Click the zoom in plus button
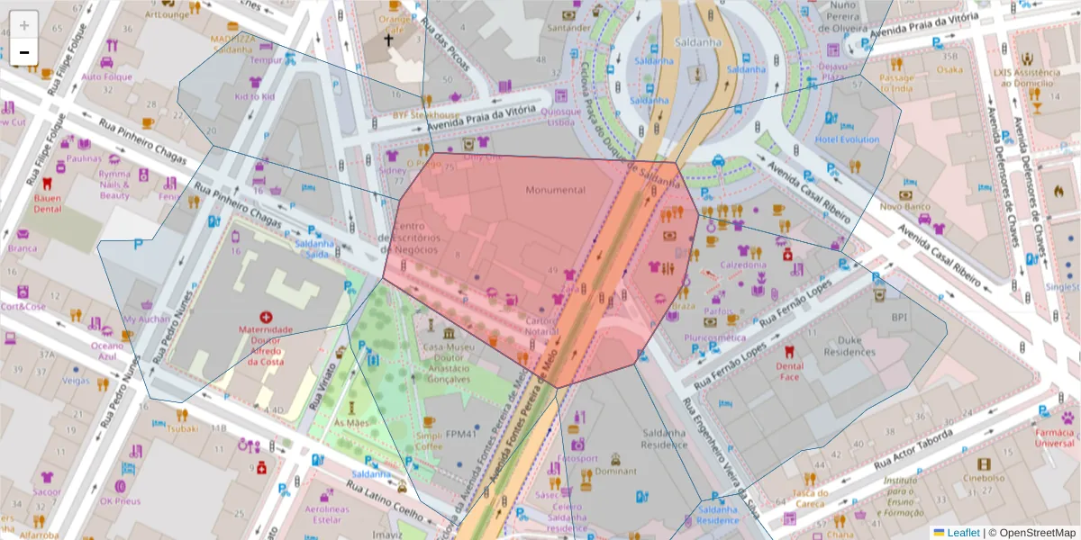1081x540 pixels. [23, 24]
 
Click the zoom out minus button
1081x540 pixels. [23, 51]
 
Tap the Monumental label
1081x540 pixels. [556, 190]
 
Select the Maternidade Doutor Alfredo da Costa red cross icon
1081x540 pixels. [266, 317]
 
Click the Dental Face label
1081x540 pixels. [789, 371]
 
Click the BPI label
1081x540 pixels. [898, 318]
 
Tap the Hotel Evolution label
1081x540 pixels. [847, 139]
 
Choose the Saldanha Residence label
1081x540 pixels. [665, 438]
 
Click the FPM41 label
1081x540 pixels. [459, 434]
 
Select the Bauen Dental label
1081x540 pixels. [47, 202]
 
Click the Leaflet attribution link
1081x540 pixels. [962, 533]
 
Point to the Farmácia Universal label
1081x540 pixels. [1054, 437]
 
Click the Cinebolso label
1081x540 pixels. [984, 478]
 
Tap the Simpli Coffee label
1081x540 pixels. [429, 440]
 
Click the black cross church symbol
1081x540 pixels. [389, 40]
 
